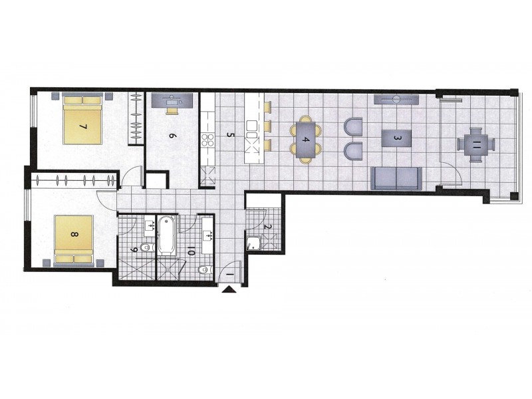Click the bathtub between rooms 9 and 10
(x=166, y=235)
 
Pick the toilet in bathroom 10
(x=205, y=269)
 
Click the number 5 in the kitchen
(x=230, y=136)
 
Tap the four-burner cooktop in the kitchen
(x=207, y=140)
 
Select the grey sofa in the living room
(x=396, y=178)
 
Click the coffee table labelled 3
(x=396, y=138)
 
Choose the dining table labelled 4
(x=306, y=140)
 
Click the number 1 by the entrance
(x=229, y=273)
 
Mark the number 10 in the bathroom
(x=191, y=251)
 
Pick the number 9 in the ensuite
(x=134, y=250)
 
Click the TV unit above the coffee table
(x=396, y=100)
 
